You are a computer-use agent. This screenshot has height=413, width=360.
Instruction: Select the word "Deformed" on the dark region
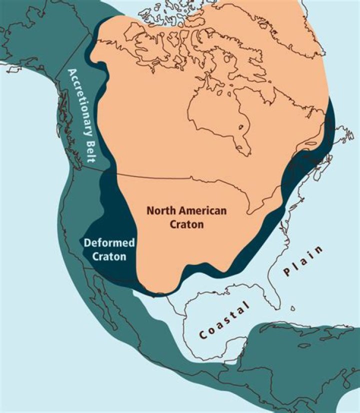click(x=109, y=243)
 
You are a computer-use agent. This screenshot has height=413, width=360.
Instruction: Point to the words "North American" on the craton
click(x=186, y=210)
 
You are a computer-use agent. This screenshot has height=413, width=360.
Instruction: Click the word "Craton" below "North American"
click(x=186, y=224)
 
